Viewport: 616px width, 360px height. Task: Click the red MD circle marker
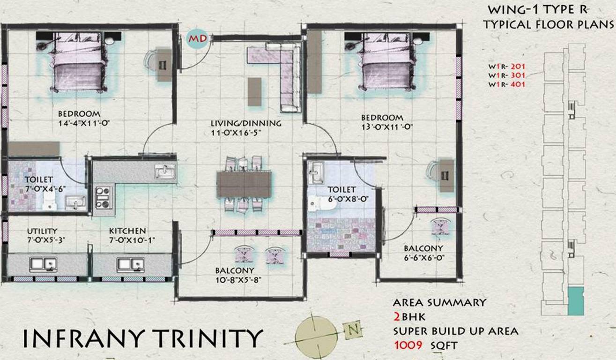pos(197,39)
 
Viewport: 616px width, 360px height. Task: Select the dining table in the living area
pos(244,184)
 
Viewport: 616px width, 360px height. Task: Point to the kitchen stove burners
pos(103,197)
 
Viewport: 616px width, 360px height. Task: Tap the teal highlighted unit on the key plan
pos(576,301)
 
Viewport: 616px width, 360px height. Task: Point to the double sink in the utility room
pos(43,265)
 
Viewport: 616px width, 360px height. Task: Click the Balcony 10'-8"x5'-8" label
pos(235,275)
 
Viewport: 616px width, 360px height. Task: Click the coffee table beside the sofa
pos(255,91)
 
